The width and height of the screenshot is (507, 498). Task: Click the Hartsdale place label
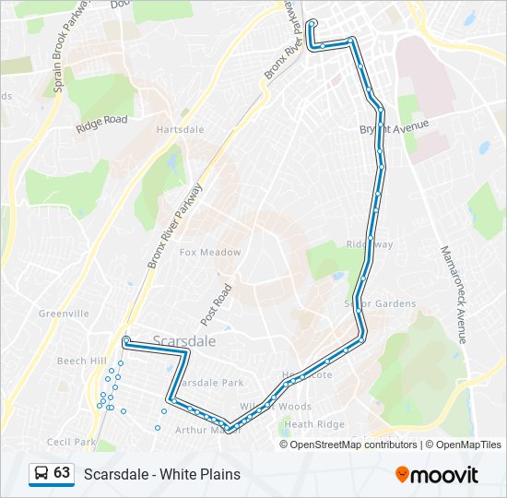click(179, 130)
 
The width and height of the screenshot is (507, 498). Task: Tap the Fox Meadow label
click(210, 253)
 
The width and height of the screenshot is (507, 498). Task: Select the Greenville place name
click(64, 314)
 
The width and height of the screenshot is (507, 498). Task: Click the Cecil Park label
click(72, 443)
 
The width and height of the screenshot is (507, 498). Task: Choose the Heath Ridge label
click(314, 424)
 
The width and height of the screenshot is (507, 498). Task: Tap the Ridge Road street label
click(101, 120)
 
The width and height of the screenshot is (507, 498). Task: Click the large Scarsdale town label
click(185, 340)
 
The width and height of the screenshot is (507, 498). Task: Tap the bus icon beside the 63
click(41, 474)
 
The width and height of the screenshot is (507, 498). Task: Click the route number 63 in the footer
click(63, 473)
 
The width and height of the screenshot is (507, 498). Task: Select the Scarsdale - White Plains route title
click(162, 474)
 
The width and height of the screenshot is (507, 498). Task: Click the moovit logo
click(437, 474)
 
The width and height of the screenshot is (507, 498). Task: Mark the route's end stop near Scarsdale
click(125, 340)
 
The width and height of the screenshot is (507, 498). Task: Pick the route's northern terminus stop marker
click(312, 23)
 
